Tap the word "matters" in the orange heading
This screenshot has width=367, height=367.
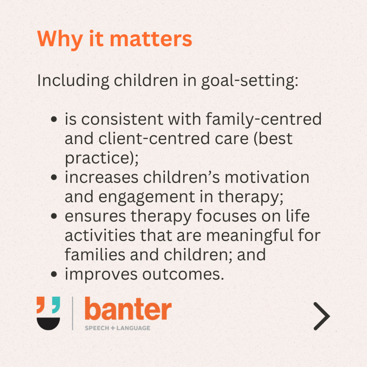151,39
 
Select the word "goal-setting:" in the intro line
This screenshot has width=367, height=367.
250,81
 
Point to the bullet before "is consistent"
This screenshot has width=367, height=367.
54,119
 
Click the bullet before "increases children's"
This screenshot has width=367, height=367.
54,177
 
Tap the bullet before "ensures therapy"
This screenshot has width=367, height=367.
54,216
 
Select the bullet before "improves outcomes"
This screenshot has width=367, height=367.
54,274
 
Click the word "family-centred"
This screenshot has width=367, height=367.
263,119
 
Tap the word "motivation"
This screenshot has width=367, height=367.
267,177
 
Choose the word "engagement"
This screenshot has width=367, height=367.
147,197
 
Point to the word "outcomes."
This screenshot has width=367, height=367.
183,274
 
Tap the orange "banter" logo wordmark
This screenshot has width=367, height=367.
128,309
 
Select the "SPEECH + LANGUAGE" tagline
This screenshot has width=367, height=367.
118,328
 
